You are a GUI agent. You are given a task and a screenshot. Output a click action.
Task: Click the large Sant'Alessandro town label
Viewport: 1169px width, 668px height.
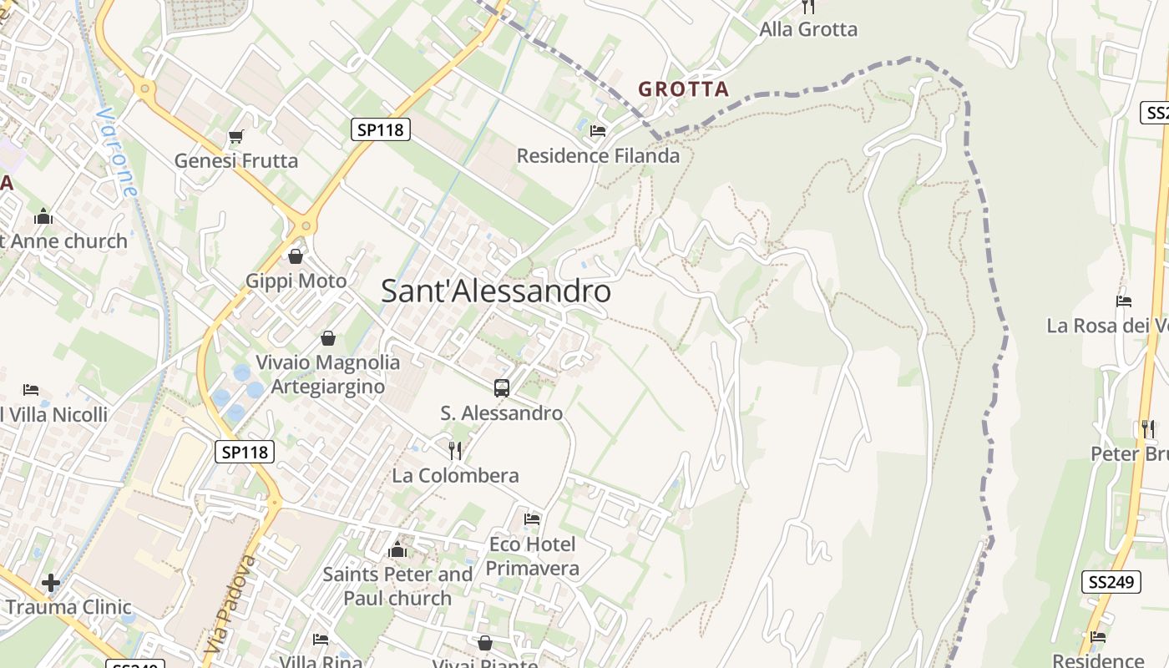496,291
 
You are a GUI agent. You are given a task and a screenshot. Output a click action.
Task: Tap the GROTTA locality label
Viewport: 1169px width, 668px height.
683,89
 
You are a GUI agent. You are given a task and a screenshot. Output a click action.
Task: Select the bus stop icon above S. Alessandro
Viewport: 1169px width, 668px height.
501,387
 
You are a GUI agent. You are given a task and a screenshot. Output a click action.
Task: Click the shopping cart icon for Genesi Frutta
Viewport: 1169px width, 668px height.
235,137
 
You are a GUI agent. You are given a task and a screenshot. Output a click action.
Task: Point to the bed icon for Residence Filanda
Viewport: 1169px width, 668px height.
598,131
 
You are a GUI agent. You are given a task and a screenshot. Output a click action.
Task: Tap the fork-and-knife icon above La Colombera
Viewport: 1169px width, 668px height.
455,451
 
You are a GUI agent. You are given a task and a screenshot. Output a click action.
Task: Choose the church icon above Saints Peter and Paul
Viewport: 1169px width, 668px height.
397,549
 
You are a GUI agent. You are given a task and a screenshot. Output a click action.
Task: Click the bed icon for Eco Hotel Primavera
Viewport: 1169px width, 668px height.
532,519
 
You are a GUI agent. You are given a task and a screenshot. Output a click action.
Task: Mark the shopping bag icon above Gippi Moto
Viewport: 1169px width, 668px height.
295,256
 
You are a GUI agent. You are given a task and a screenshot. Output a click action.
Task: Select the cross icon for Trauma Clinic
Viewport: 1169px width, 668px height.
51,583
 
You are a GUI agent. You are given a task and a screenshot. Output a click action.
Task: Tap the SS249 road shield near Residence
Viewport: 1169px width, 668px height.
1111,582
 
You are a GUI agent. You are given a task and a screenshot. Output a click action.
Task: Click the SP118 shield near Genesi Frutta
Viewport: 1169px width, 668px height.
380,129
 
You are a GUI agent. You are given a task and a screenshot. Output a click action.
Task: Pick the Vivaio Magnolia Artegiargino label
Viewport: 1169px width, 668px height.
327,374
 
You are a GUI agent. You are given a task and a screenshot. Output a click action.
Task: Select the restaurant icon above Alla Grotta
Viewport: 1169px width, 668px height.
807,7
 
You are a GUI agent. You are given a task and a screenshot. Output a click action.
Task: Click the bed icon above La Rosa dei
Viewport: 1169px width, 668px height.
1123,301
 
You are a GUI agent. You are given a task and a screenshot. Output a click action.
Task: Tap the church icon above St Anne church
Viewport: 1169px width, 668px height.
43,217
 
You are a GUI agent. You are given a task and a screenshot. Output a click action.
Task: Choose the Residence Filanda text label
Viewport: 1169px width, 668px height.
598,156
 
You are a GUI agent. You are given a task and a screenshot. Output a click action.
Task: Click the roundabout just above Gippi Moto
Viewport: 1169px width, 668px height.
306,225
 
